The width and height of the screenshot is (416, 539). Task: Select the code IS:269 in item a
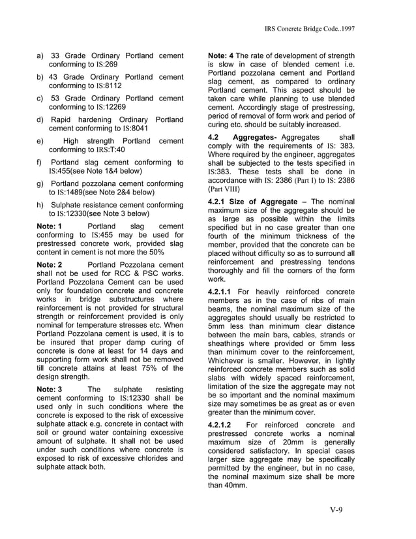106,66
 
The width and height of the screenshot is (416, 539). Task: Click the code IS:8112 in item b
108,86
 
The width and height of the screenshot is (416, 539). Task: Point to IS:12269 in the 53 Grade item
111,107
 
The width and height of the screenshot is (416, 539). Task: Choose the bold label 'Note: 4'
221,56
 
